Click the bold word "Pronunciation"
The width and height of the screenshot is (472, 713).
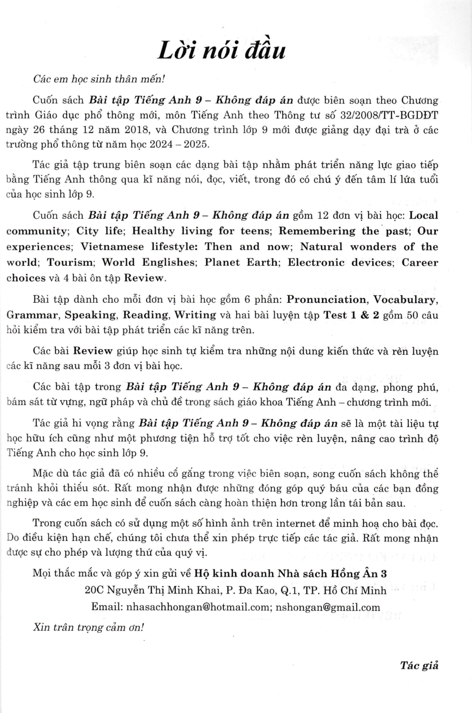(x=327, y=299)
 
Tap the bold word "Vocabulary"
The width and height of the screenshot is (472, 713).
(x=405, y=299)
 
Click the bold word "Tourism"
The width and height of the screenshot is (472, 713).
(x=70, y=262)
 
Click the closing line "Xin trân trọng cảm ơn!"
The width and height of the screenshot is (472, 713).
(x=88, y=627)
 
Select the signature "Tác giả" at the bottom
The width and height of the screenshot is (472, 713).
(x=419, y=665)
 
